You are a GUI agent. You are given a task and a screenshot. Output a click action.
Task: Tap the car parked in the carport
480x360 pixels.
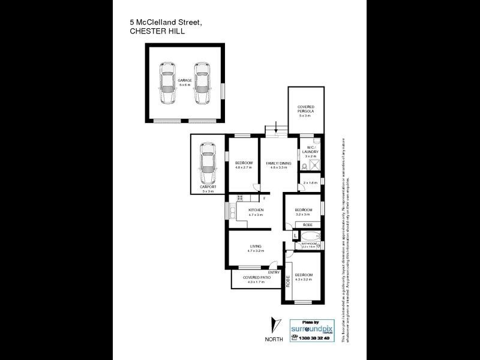tap(207, 164)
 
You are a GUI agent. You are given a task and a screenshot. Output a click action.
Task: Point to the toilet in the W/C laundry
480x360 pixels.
tap(305, 166)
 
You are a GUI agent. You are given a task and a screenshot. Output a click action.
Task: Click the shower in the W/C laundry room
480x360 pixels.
tap(317, 165)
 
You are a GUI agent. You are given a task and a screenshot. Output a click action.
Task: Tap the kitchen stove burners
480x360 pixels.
tap(240, 198)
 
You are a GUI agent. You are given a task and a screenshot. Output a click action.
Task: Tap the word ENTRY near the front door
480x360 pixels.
tap(274, 272)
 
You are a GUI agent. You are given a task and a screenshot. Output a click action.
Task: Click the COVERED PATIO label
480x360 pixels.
tap(255, 278)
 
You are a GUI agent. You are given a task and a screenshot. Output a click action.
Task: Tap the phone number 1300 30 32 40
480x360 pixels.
tap(311, 338)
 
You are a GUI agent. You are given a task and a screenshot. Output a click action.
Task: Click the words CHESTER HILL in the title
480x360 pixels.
tap(157, 33)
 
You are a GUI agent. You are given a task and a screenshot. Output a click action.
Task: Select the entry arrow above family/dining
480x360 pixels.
tap(275, 127)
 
